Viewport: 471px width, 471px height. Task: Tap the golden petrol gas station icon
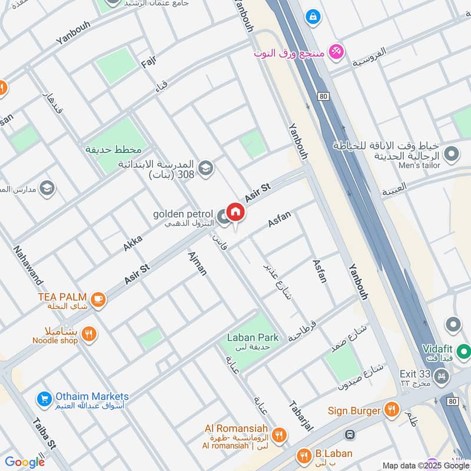click(223, 218)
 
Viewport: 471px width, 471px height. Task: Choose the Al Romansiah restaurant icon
click(279, 434)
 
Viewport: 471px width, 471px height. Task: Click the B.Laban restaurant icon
click(304, 455)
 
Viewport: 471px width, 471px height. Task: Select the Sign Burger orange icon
click(391, 410)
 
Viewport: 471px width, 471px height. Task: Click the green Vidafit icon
click(463, 353)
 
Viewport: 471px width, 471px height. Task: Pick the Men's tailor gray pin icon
click(452, 154)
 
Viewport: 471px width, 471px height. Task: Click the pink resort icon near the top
click(336, 52)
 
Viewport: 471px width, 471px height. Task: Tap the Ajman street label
click(197, 263)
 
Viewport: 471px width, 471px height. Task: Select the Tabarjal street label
click(300, 417)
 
